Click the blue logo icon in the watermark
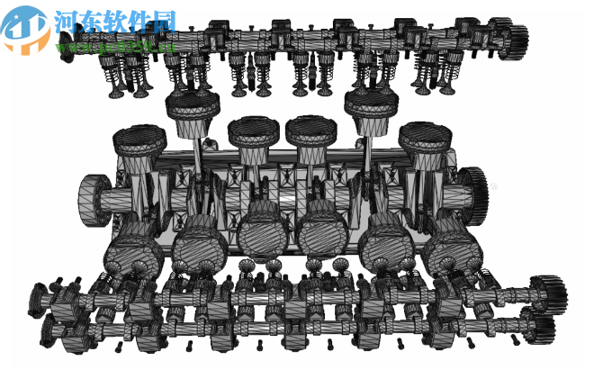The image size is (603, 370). pyautogui.click(x=25, y=27)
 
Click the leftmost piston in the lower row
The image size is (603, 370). pyautogui.click(x=133, y=245)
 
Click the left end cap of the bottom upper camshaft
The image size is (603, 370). pyautogui.click(x=37, y=293)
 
